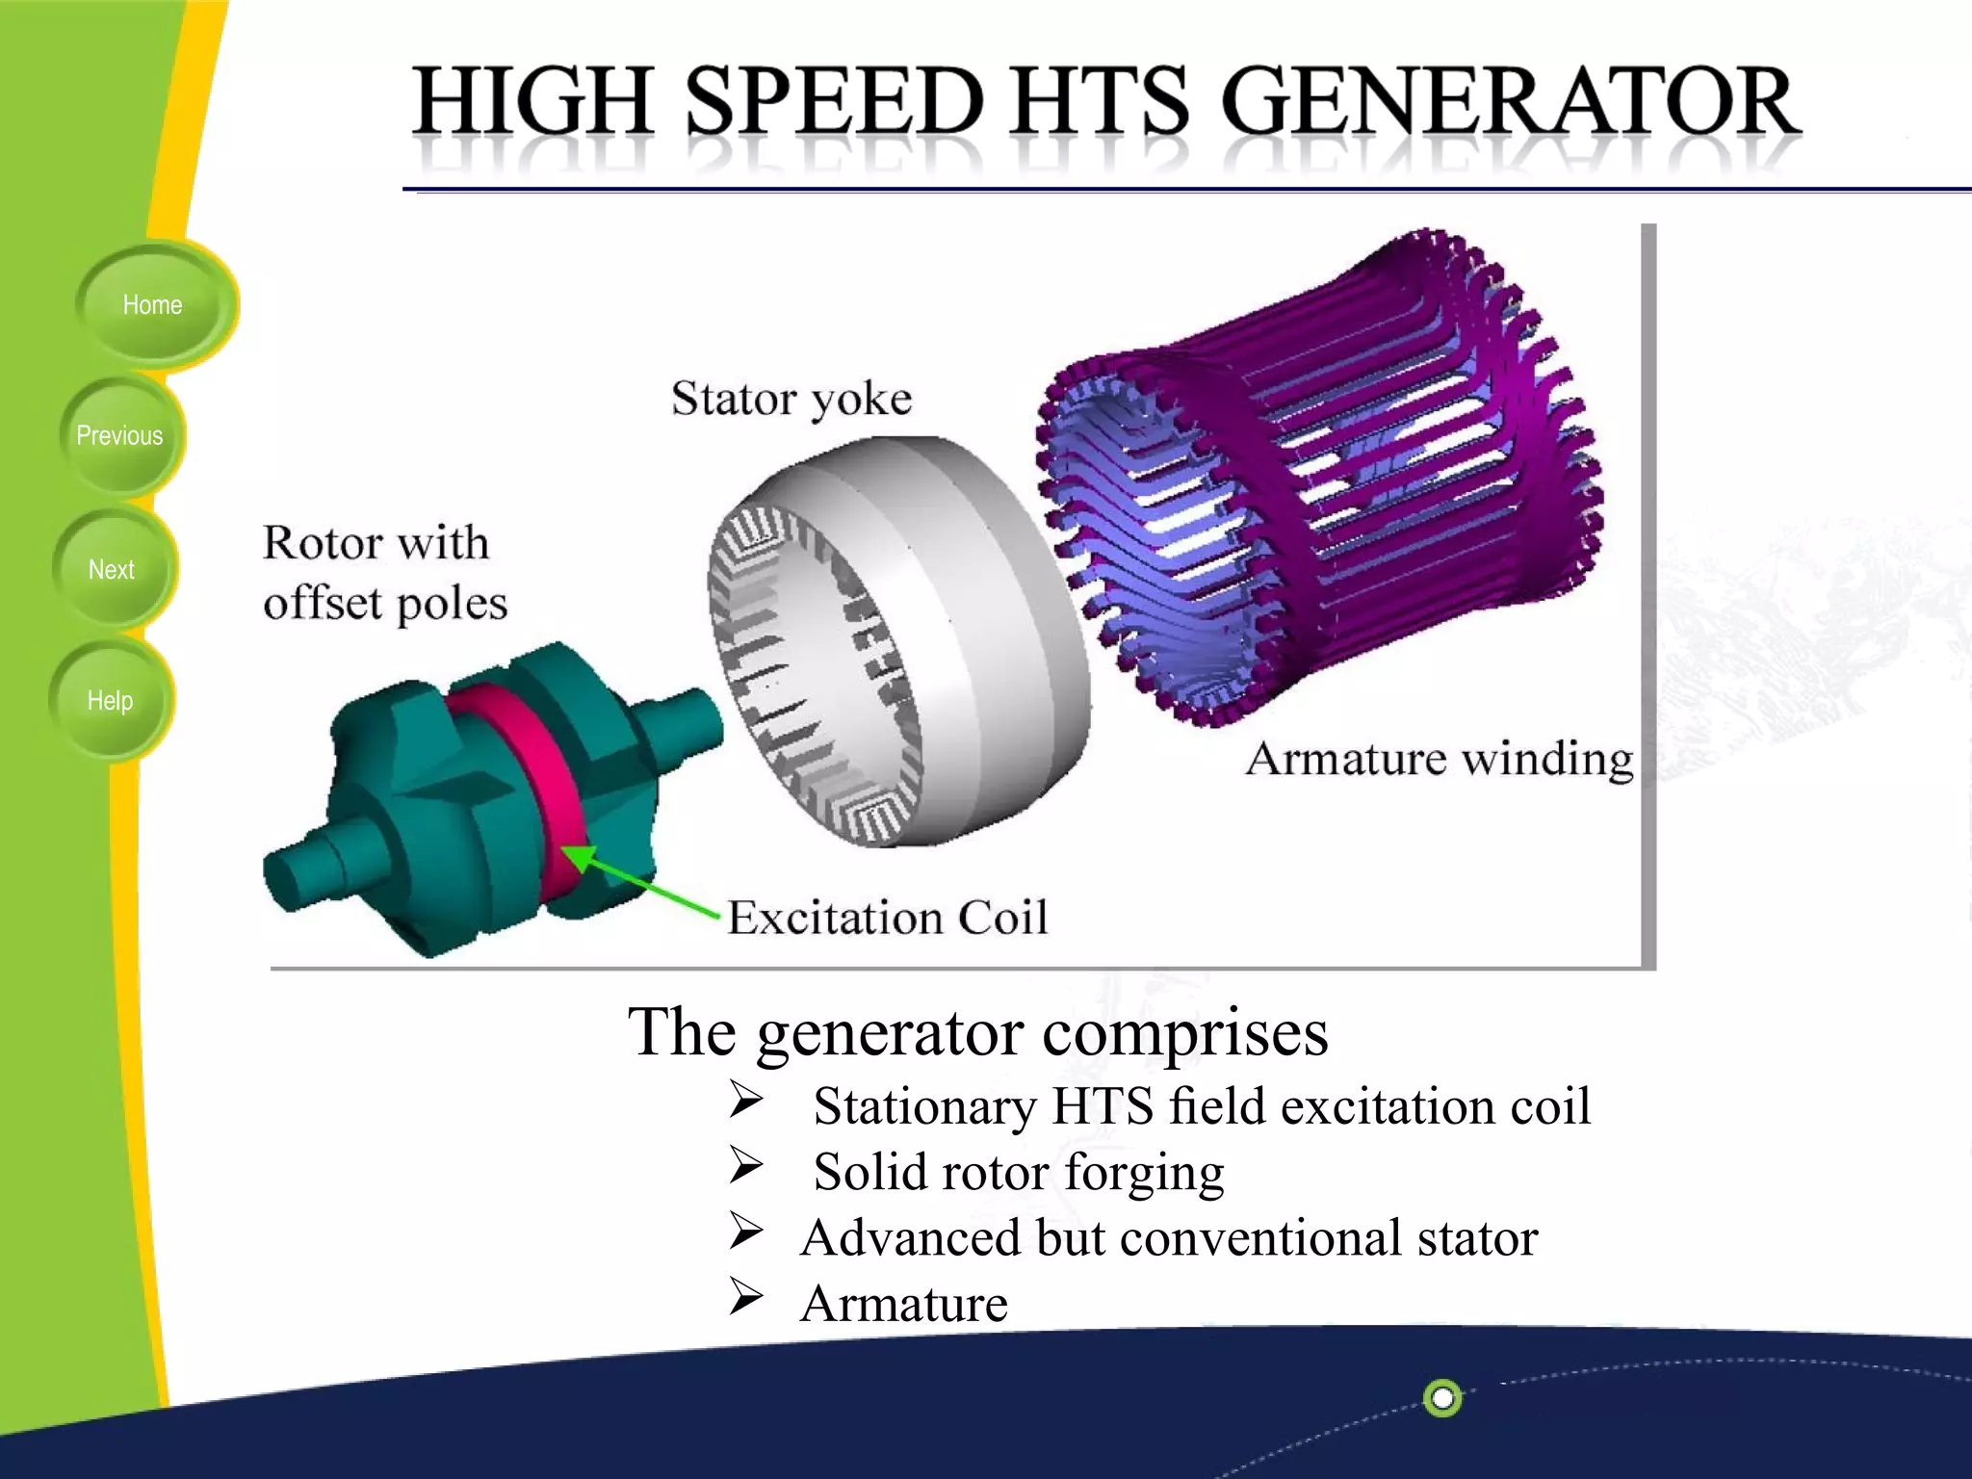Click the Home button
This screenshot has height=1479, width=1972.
(152, 305)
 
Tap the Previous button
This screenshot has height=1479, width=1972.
(119, 436)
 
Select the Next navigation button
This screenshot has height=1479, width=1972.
(112, 570)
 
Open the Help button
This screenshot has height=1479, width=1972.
(110, 701)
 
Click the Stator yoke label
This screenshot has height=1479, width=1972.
(791, 399)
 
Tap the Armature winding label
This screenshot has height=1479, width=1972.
(1439, 759)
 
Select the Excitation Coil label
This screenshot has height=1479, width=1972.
(887, 917)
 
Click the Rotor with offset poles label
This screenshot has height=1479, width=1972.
(383, 573)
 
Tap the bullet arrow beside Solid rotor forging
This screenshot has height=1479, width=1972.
(746, 1166)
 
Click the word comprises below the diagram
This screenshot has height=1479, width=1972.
(1184, 1032)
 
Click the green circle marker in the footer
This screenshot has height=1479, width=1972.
(1442, 1397)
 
